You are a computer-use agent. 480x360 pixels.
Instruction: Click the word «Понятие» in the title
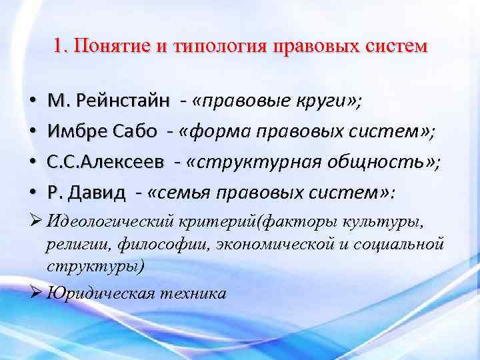pos(107,47)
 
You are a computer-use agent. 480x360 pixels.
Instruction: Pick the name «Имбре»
pos(75,131)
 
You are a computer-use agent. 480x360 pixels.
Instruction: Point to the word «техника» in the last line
pos(193,293)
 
